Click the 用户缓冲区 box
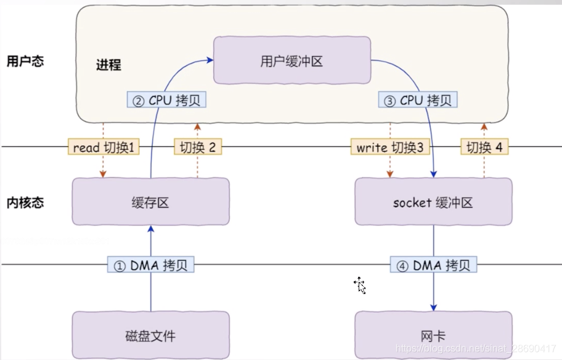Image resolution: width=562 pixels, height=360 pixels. click(x=291, y=60)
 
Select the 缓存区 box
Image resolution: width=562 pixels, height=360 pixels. click(x=150, y=202)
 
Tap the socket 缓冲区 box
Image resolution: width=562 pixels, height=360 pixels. click(x=433, y=202)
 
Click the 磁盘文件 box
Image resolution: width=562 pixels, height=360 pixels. click(x=150, y=336)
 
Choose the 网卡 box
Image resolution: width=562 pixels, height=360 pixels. click(x=433, y=336)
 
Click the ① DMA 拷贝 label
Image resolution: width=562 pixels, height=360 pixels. click(x=151, y=265)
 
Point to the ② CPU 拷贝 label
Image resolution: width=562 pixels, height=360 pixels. click(x=166, y=100)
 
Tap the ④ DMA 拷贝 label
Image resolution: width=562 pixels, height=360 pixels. click(x=433, y=265)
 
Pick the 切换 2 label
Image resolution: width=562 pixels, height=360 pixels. click(x=198, y=147)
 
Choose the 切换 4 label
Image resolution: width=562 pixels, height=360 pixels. click(x=485, y=147)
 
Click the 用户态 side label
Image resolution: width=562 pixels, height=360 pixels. click(x=25, y=62)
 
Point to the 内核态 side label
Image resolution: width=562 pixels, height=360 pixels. click(x=25, y=202)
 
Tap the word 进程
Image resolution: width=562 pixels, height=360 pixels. click(x=108, y=65)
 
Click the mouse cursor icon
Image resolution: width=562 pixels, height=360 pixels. click(x=360, y=285)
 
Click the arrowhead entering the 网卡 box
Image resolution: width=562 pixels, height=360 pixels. click(x=433, y=308)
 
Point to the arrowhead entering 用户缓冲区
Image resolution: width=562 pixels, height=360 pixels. click(x=210, y=60)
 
